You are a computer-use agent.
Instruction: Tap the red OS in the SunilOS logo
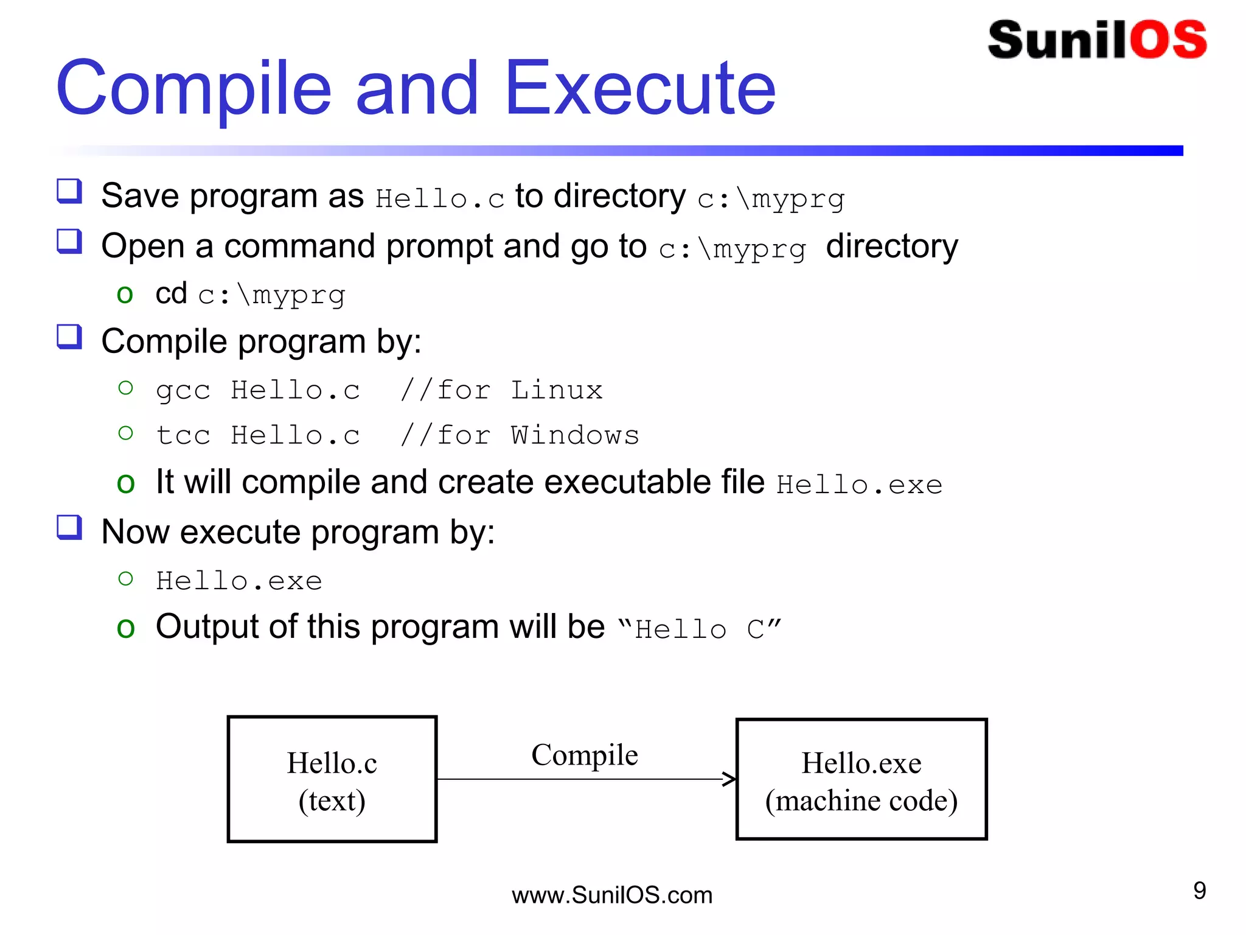click(1168, 40)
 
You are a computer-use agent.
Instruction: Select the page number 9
click(1199, 891)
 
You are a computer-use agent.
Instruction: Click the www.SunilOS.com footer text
click(611, 895)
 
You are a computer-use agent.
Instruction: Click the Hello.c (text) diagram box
click(332, 779)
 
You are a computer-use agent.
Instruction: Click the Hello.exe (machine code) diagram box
click(861, 779)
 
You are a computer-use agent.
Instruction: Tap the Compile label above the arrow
click(584, 755)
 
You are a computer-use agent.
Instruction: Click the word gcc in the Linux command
click(183, 390)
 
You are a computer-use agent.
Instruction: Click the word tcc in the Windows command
click(183, 435)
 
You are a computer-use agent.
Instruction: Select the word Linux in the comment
click(556, 390)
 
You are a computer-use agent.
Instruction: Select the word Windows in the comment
click(574, 435)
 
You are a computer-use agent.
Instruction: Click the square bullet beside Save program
click(69, 191)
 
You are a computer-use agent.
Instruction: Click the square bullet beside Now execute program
click(69, 527)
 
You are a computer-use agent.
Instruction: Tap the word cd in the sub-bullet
click(171, 293)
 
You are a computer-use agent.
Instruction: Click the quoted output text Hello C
click(700, 629)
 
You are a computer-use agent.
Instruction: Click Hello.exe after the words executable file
click(859, 485)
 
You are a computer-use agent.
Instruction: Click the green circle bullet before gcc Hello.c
click(126, 388)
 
